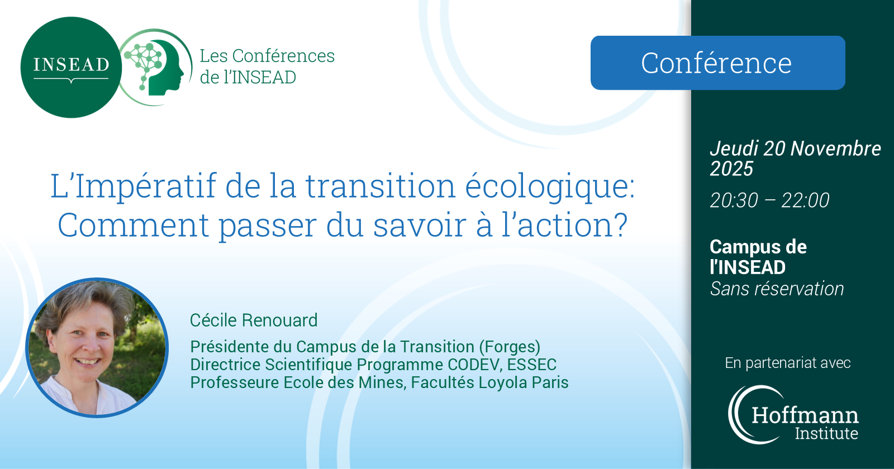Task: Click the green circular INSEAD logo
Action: click(x=71, y=67)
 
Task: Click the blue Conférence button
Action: click(x=717, y=63)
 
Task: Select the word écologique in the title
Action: click(x=550, y=186)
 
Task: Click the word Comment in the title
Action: click(x=134, y=226)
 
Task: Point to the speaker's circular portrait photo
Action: click(x=97, y=347)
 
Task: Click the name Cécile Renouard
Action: click(x=254, y=320)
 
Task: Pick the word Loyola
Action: click(x=498, y=383)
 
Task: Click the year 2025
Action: click(x=731, y=169)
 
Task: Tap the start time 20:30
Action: click(x=734, y=200)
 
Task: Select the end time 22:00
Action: click(x=805, y=200)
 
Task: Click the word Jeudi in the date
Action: click(x=734, y=149)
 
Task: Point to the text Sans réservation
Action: click(x=777, y=289)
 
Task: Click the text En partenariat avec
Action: click(x=787, y=363)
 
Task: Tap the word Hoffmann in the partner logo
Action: click(x=805, y=415)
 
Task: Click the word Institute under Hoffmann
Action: click(x=826, y=433)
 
